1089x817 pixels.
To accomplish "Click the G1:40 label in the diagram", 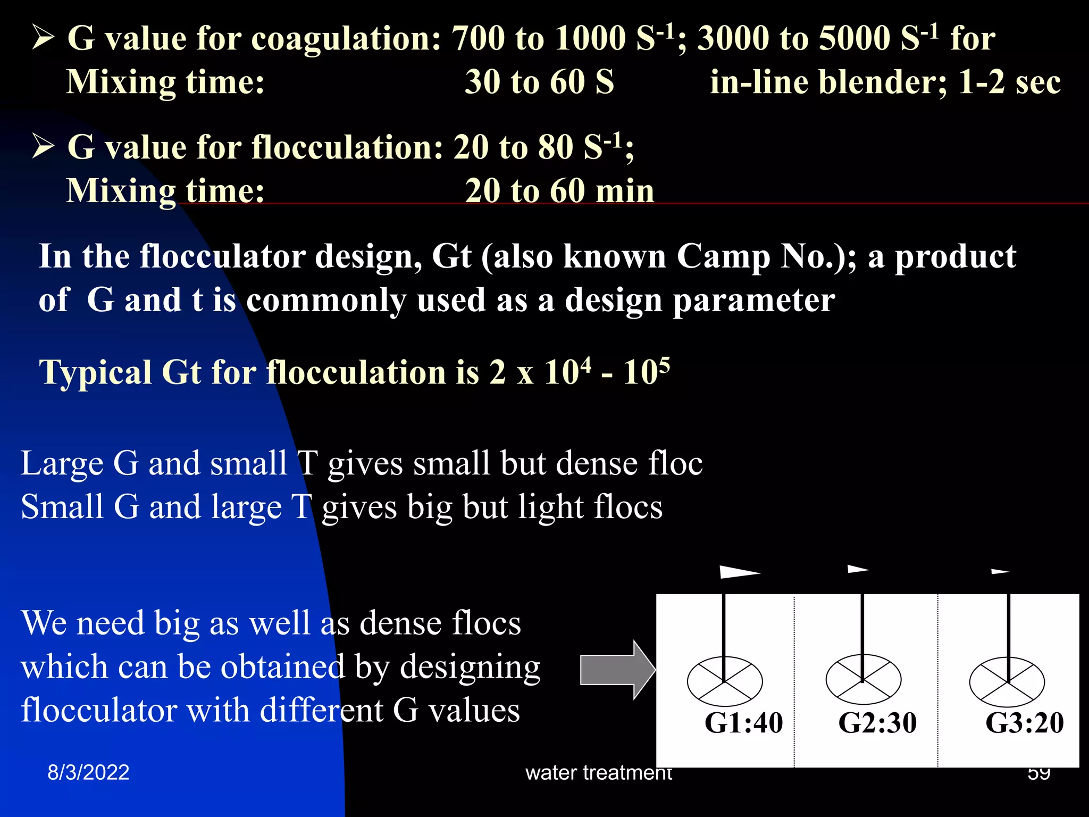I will coord(743,722).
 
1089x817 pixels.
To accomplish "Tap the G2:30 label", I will coord(877,722).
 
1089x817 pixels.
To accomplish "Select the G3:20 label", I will coord(1025,722).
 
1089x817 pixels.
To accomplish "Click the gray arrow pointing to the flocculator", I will coord(617,670).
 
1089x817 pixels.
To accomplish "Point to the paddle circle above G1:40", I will coord(725,681).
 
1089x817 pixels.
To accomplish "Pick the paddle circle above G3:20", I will coord(1007,682).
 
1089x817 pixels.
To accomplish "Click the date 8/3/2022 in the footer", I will coord(88,772).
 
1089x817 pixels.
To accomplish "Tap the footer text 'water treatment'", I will coord(599,772).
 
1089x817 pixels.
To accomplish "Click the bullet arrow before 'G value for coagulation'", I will coord(43,38).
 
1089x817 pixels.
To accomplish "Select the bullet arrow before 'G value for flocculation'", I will coord(43,146).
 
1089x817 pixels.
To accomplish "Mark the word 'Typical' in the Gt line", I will coord(96,372).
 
